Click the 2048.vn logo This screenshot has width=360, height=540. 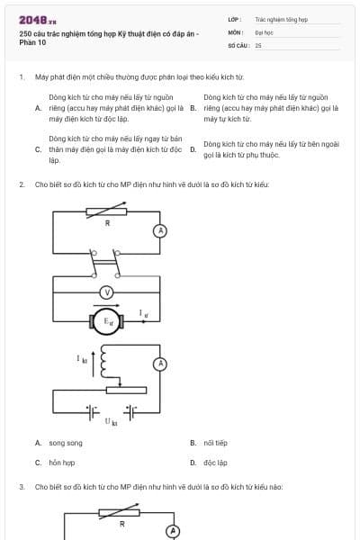(x=38, y=21)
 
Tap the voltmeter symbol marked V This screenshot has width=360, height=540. (x=107, y=292)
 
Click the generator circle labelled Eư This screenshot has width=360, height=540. (x=107, y=321)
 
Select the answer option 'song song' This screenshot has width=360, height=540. (x=66, y=443)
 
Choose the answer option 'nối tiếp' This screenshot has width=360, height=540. (x=215, y=443)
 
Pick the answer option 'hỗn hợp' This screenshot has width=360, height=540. (x=62, y=463)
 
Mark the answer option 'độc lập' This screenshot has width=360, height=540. (x=215, y=463)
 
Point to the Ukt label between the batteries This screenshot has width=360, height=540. (x=111, y=422)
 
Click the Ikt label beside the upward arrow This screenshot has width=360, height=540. (x=82, y=359)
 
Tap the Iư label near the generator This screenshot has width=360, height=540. (x=144, y=313)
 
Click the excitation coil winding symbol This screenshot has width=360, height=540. (x=104, y=361)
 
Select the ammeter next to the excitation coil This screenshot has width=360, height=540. (x=160, y=364)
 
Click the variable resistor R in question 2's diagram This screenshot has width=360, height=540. (x=106, y=211)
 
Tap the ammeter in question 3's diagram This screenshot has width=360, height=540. (x=174, y=531)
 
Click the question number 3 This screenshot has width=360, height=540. (x=22, y=487)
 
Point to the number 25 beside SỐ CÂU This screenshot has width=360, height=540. (x=258, y=46)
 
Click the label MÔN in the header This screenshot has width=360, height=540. (x=236, y=32)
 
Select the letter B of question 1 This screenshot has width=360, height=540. (x=193, y=108)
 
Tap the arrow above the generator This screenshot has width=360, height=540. (x=106, y=305)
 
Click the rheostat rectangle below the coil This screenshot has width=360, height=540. (x=126, y=391)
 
